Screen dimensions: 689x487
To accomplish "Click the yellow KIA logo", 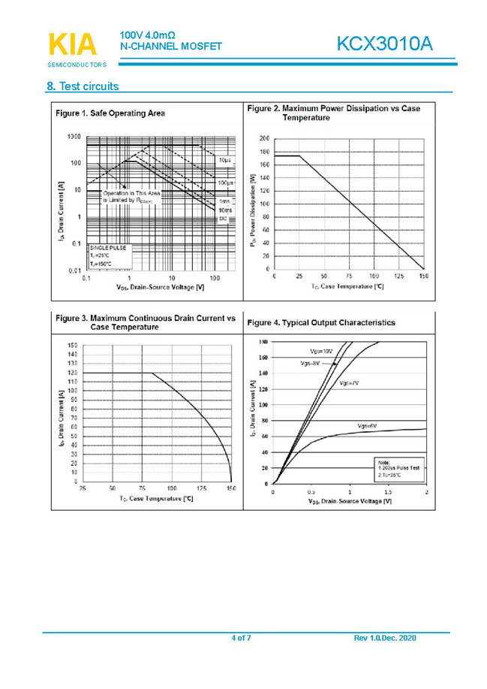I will click(x=73, y=44).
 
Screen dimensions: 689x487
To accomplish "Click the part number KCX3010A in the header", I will click(x=384, y=44).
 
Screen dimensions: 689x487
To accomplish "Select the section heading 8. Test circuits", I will click(x=83, y=86).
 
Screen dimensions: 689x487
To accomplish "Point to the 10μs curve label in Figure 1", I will click(x=224, y=161).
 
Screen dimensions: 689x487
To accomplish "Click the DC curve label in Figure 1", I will click(x=223, y=219).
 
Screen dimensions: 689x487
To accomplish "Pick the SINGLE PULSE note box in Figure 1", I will click(x=110, y=255).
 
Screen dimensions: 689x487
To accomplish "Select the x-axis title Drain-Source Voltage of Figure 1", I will click(x=161, y=287).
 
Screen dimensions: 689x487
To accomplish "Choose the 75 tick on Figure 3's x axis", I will click(x=142, y=488).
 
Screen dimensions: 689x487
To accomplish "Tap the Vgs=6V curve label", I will click(x=366, y=425).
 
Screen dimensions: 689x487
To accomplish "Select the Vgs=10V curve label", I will click(x=321, y=351).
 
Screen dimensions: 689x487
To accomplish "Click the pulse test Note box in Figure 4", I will click(x=398, y=467).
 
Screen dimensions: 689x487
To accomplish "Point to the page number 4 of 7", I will click(x=241, y=638).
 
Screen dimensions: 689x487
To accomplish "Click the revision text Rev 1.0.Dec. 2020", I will click(x=384, y=638).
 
